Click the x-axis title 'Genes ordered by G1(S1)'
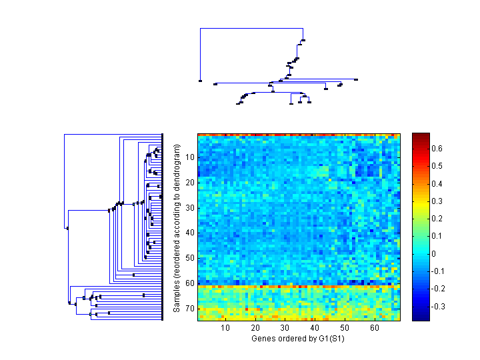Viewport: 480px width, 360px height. click(x=298, y=339)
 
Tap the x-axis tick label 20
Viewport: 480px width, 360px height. click(x=256, y=328)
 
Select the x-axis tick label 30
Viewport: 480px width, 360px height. click(x=285, y=328)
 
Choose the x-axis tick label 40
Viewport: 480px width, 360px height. click(x=315, y=328)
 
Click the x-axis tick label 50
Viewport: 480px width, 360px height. click(x=345, y=328)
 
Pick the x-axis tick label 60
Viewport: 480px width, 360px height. click(x=375, y=328)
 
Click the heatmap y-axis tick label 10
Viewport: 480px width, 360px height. click(x=190, y=157)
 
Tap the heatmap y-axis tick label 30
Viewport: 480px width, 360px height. click(x=190, y=208)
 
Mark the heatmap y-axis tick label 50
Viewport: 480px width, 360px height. click(x=190, y=258)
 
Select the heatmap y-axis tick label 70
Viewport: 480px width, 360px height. click(x=190, y=309)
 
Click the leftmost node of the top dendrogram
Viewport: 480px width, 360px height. click(x=200, y=81)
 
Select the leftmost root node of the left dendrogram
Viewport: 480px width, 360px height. click(x=67, y=228)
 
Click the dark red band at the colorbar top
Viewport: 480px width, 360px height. click(x=421, y=137)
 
